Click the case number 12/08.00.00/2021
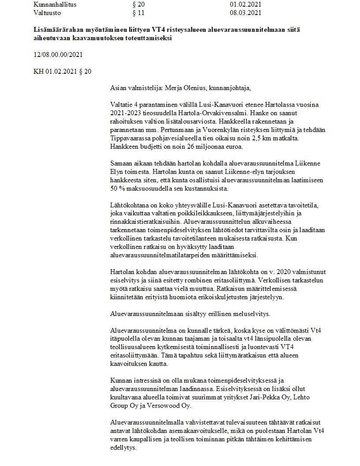tap(58, 55)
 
